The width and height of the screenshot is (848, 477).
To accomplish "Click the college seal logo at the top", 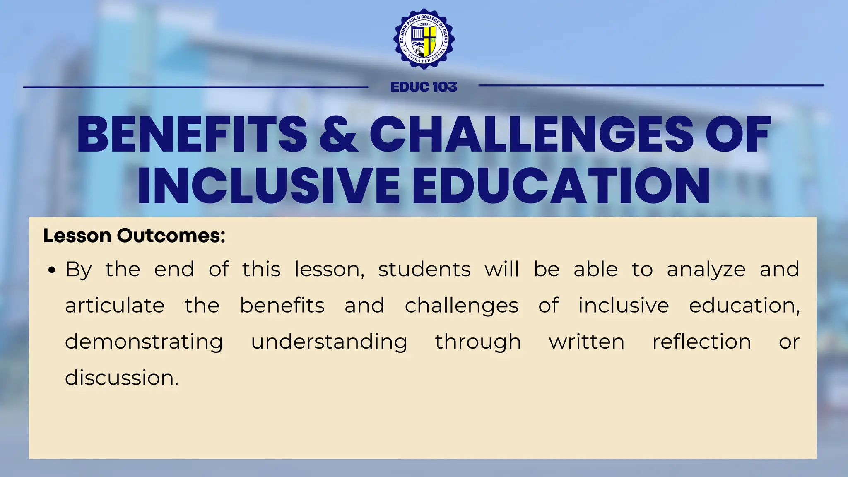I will coord(424,39).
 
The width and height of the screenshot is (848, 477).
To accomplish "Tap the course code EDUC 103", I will coord(424,87).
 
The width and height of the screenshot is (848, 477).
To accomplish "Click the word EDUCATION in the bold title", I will coord(561,185).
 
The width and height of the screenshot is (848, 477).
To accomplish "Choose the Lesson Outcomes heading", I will coord(134,236).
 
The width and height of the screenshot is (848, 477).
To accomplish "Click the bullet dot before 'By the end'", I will coord(51,271).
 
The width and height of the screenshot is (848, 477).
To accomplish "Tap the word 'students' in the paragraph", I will coord(424,270).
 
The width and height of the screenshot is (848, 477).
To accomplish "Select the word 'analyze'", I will coord(706,270).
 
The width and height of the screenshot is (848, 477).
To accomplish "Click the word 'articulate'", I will coord(115,306).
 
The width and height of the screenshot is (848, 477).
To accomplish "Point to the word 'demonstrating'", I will coord(144,342).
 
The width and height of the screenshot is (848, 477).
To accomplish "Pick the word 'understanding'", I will coord(329,342).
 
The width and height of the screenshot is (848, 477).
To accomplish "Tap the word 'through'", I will coord(478,342).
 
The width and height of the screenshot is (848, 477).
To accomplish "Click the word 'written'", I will coord(587,342).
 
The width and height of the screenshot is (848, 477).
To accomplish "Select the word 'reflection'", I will coord(702,342).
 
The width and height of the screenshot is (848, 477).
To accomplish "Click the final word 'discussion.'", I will coord(122,378).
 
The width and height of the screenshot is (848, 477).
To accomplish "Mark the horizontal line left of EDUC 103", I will coord(195,87).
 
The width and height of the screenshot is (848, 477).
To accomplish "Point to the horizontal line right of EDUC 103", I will coord(650,86).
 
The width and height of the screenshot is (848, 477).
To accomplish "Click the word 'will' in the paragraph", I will coord(502,269).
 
